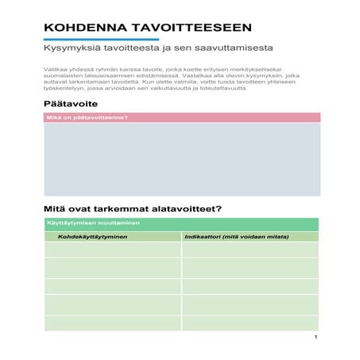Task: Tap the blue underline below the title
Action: point(101,40)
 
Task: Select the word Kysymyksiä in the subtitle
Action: point(68,50)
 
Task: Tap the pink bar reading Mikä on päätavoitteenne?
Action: point(181,118)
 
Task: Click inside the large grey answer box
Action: point(181,159)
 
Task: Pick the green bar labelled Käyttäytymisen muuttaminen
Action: point(181,223)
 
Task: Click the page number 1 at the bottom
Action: point(315,338)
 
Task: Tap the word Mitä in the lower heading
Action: point(53,210)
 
